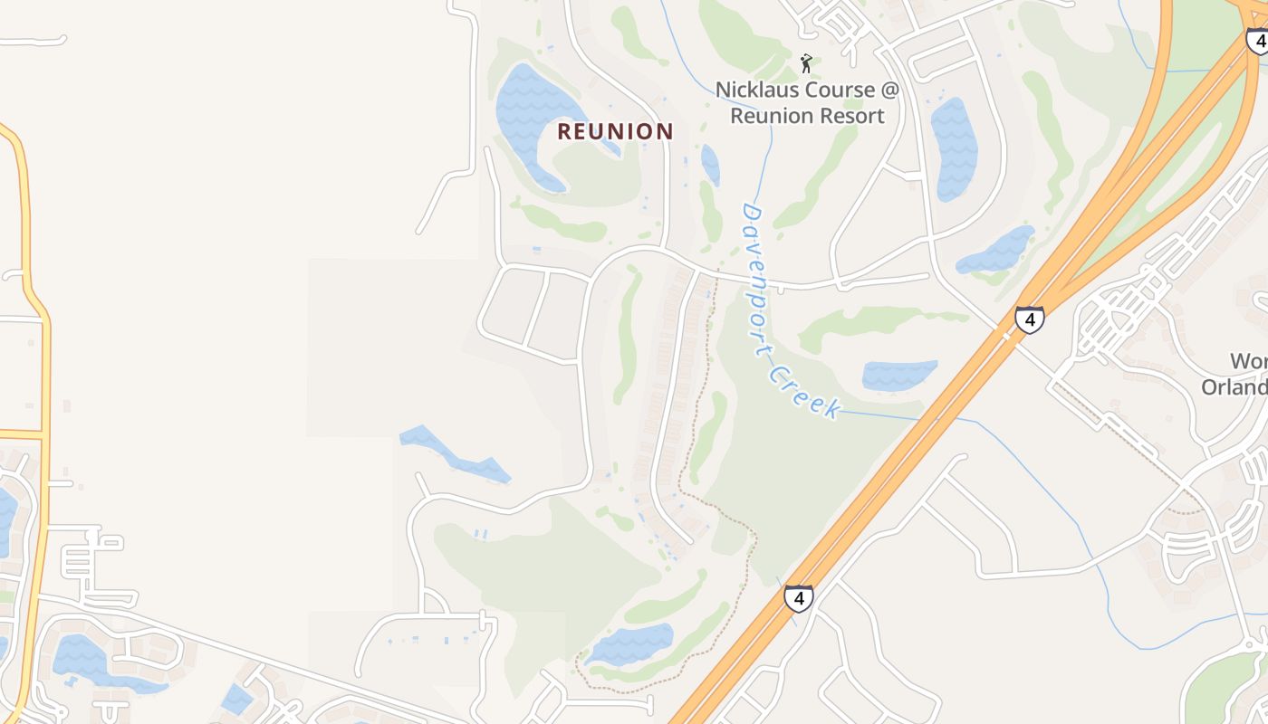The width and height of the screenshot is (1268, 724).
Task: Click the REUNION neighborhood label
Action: click(615, 131)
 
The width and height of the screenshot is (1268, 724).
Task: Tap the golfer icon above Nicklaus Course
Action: click(806, 63)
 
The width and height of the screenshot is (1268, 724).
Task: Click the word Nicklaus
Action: click(756, 90)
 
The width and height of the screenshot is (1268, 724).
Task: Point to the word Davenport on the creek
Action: click(758, 276)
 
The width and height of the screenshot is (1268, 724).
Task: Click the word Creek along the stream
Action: click(805, 390)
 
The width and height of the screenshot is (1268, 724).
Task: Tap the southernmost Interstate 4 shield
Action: click(798, 597)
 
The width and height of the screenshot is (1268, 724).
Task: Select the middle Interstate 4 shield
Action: click(1029, 319)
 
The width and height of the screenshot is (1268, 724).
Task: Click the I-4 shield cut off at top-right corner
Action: click(1257, 41)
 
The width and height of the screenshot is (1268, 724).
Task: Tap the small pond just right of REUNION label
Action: click(711, 164)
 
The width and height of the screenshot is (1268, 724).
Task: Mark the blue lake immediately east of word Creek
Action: click(897, 375)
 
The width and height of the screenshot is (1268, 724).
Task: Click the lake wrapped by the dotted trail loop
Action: click(629, 644)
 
